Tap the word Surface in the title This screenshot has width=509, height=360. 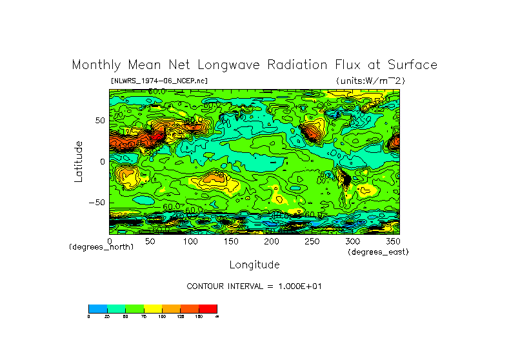(x=412, y=65)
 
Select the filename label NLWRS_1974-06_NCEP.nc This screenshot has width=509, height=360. (x=159, y=81)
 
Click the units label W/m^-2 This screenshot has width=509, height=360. (x=370, y=81)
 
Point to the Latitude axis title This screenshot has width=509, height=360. (x=79, y=161)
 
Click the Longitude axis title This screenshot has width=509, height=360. (x=254, y=265)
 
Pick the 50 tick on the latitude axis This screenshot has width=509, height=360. (x=100, y=121)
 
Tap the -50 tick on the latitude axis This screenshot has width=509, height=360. (x=97, y=203)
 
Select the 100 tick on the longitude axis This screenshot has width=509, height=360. (x=190, y=241)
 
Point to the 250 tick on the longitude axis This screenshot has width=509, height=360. (x=311, y=241)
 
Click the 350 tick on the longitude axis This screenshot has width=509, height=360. (x=392, y=241)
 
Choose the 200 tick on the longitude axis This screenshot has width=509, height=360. (x=271, y=241)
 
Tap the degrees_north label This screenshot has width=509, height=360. (x=101, y=247)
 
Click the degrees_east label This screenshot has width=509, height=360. (x=378, y=252)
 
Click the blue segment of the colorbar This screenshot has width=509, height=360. (x=97, y=308)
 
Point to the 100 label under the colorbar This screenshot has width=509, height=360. (x=162, y=316)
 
